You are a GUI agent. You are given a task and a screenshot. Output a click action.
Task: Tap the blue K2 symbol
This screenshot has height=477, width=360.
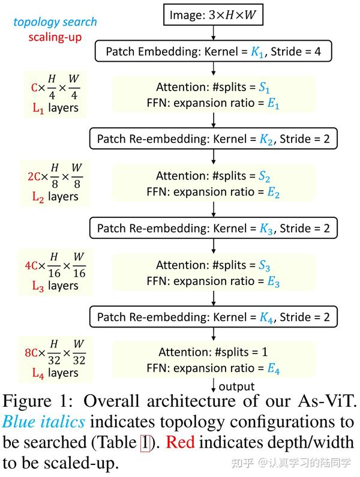point(267,140)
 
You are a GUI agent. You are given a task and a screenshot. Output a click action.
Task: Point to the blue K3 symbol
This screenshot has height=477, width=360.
point(267,229)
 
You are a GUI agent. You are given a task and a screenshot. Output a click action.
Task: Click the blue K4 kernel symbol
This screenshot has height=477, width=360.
point(267,317)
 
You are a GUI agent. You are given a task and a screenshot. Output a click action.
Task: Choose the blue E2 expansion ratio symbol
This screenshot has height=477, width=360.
point(274,192)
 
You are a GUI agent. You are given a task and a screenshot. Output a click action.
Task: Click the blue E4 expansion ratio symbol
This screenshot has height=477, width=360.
point(274,369)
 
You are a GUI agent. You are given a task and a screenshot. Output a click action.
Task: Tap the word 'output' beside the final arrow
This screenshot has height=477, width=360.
point(236,387)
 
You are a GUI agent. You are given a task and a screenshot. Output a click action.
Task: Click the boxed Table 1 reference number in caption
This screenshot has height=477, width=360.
point(145,443)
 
